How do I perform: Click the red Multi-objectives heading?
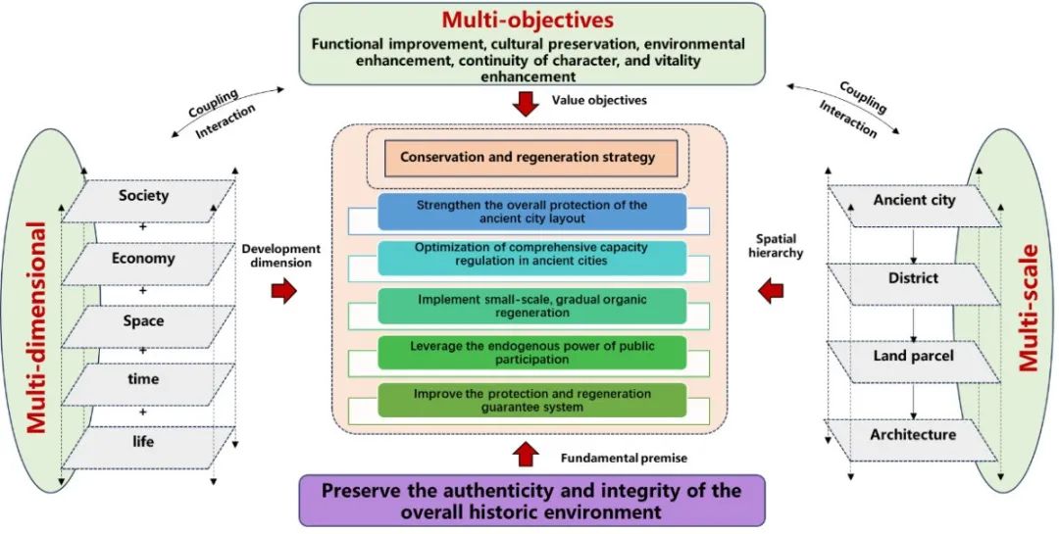(528, 20)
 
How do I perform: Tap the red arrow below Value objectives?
(528, 102)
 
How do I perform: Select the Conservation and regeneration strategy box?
(528, 158)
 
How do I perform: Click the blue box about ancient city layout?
(531, 212)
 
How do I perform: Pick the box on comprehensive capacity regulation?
(531, 256)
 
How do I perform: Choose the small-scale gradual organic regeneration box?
(531, 306)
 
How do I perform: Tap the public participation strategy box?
(531, 353)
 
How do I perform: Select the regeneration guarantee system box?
(531, 400)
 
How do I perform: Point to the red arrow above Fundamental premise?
(527, 454)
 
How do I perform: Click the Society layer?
(144, 196)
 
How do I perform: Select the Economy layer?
(144, 260)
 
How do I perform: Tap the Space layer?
(144, 321)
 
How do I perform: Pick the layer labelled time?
(144, 379)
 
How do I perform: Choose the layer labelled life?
(144, 442)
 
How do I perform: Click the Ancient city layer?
(914, 202)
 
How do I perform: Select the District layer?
(914, 278)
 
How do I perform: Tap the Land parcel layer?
(914, 356)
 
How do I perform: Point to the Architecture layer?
(914, 434)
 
